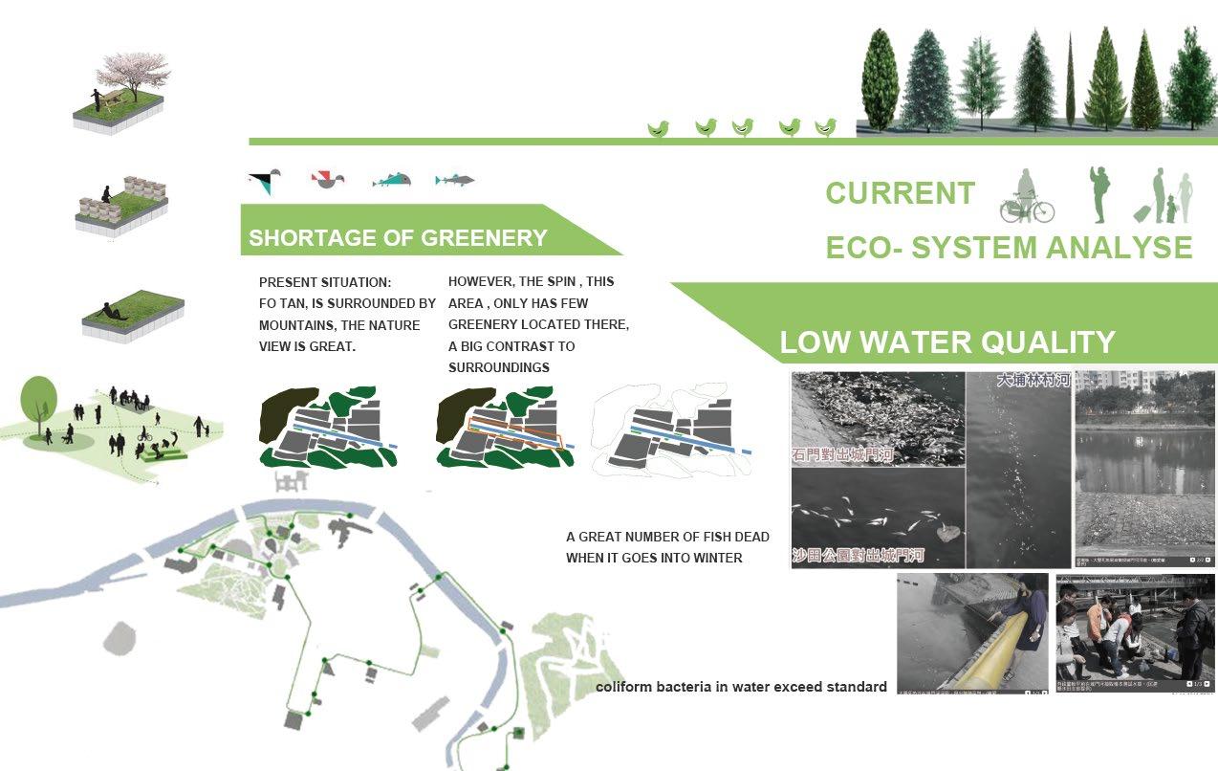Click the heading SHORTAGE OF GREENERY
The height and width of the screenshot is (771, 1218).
(398, 238)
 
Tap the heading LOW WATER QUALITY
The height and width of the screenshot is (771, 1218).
(946, 342)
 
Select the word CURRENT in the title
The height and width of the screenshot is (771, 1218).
(900, 193)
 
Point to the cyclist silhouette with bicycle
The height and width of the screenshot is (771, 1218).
(1026, 198)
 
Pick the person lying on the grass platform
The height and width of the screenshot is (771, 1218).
(116, 311)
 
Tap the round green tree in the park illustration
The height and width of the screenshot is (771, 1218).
(39, 397)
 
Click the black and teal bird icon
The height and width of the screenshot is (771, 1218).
(266, 180)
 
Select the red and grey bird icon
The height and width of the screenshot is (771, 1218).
(327, 178)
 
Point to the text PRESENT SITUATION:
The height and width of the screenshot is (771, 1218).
(325, 283)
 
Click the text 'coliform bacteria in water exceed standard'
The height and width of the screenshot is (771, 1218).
(741, 687)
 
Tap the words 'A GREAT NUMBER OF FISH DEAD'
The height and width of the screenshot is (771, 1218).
(667, 537)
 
